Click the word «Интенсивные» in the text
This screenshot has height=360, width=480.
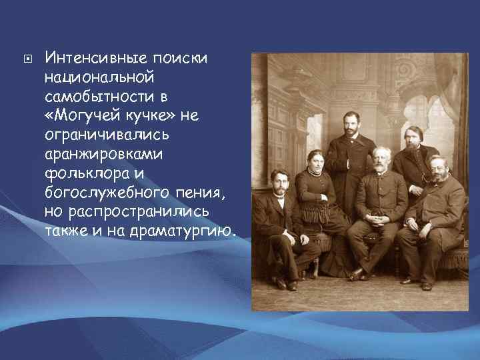95,59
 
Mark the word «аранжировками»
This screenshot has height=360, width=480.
101,155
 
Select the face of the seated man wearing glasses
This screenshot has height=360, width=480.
438,168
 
